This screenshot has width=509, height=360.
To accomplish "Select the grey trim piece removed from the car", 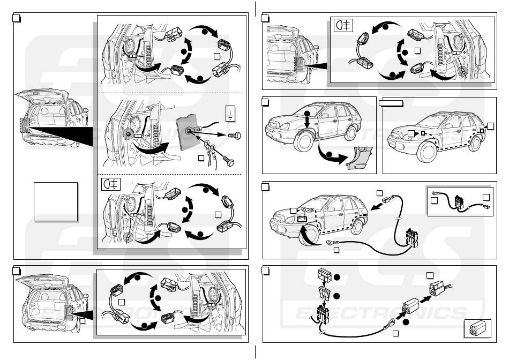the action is point(358,159).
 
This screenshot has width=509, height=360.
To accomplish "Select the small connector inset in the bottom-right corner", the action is point(475,328).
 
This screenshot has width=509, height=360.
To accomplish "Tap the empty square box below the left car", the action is point(55,201).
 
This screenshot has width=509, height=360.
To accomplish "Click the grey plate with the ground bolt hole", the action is point(190,131).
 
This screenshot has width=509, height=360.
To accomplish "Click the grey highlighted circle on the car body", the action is point(129,133).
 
